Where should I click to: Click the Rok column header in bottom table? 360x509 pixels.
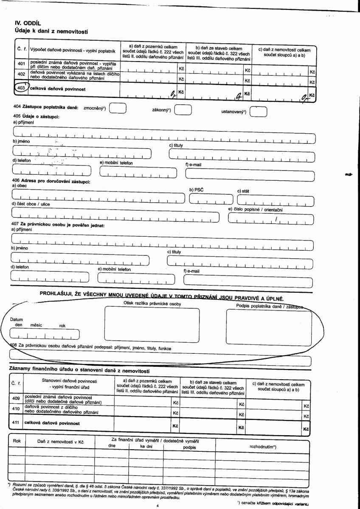[x=17, y=441]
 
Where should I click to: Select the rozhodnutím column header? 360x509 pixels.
[x=263, y=447]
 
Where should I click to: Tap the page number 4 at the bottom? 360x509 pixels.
[x=157, y=506]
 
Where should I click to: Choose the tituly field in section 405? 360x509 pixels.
[x=241, y=155]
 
